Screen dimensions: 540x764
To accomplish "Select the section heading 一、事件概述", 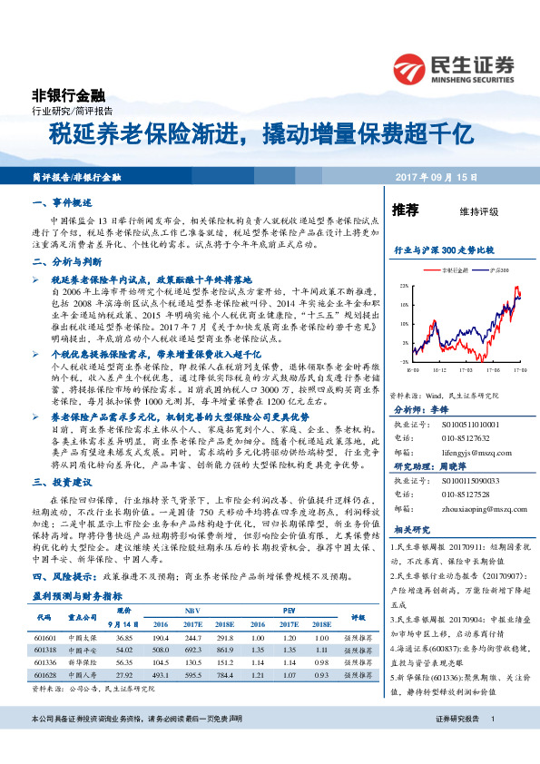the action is pos(64,205).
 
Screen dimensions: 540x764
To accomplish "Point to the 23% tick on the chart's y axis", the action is pos(402,286).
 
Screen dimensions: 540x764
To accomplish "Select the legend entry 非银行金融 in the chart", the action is pos(453,270).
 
